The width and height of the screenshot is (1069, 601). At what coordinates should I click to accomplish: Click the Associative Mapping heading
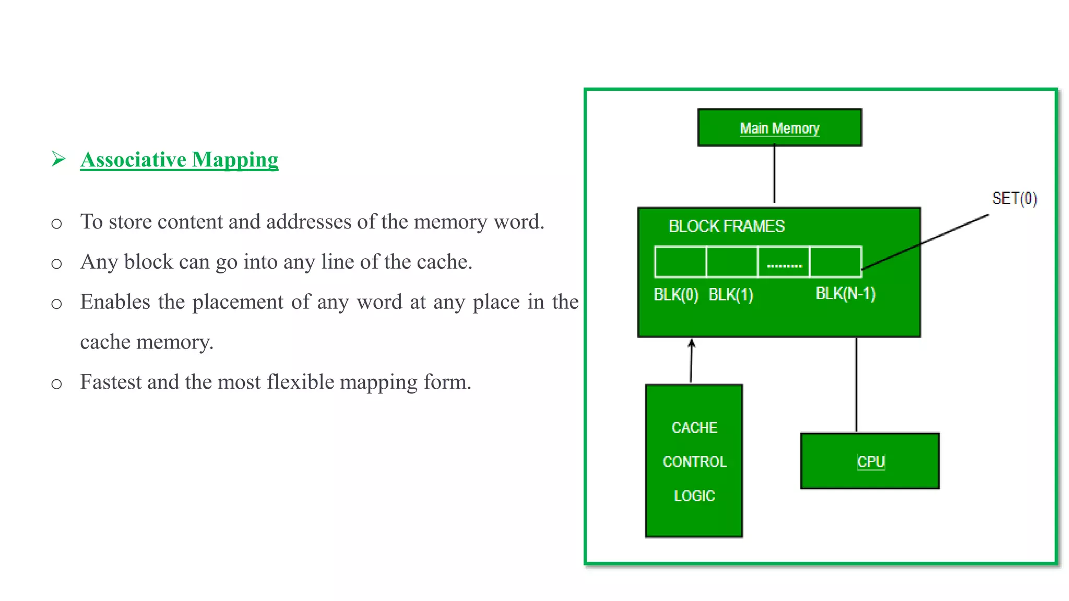179,160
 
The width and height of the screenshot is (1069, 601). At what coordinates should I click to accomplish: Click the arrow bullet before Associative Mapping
58,159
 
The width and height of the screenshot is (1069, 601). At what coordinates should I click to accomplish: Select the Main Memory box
779,128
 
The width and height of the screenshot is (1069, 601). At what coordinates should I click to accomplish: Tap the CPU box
870,461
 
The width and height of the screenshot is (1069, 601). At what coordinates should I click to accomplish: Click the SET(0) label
1014,199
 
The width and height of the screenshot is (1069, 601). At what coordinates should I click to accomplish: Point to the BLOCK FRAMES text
727,226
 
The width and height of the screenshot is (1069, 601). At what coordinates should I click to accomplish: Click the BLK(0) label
676,295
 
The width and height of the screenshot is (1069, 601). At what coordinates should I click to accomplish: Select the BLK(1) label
731,295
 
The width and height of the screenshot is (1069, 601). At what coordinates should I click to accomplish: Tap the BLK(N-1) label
845,294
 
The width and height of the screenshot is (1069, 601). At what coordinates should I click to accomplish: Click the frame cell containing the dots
783,262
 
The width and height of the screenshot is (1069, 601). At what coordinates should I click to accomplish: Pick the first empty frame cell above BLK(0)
681,262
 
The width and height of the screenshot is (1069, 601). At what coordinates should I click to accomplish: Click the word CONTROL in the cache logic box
694,462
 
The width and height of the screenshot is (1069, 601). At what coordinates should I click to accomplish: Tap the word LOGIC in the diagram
694,496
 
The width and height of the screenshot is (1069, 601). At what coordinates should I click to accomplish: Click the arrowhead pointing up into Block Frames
692,343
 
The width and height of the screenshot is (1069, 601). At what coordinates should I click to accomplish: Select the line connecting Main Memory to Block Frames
774,175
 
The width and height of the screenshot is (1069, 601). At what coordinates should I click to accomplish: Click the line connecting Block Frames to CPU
857,385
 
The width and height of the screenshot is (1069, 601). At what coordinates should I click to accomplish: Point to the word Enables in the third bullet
115,302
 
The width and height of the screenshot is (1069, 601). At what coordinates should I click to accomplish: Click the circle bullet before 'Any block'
56,264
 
